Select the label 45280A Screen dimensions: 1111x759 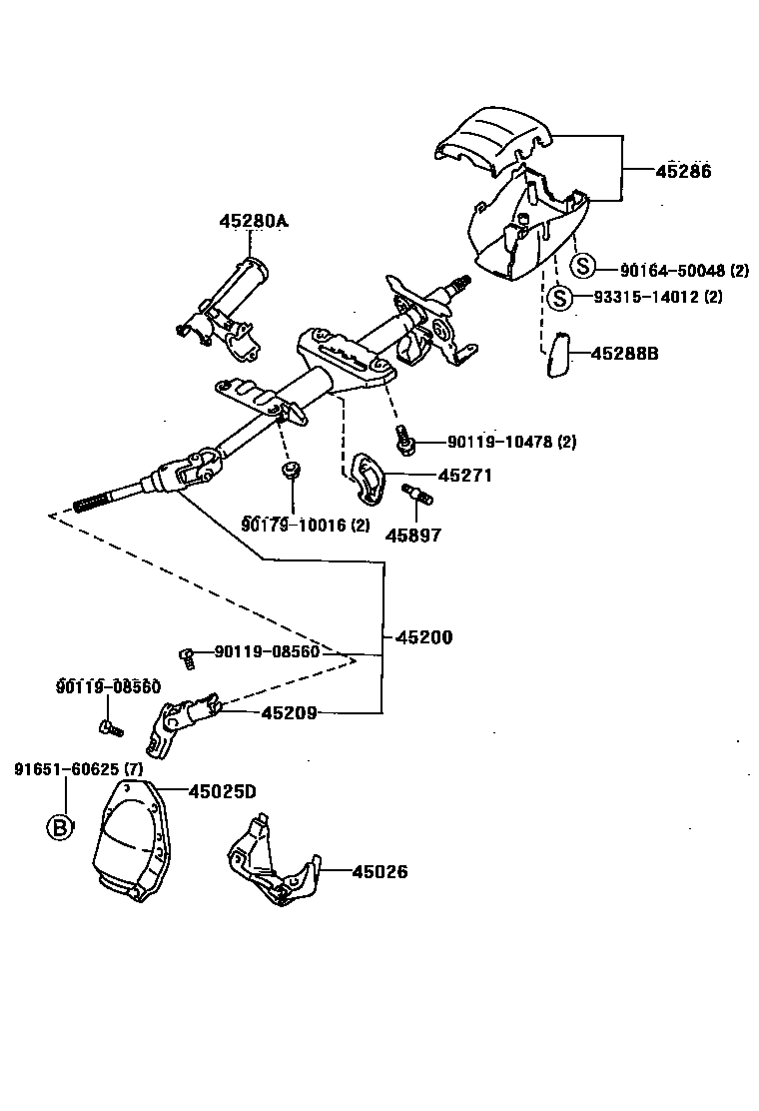point(254,221)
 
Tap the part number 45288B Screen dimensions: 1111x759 point(625,353)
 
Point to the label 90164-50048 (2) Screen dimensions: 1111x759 point(684,271)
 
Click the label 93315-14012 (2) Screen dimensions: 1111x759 point(658,297)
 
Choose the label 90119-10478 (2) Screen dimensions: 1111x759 point(511,442)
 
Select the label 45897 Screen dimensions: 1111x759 point(412,536)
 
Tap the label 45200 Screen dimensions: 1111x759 point(423,636)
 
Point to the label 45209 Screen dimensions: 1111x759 point(290,712)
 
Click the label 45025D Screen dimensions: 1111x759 point(223,791)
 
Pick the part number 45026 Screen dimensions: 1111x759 point(379,871)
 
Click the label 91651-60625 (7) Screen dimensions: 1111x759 point(79,768)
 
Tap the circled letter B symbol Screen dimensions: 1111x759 point(62,827)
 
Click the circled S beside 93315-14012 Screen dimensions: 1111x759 point(561,297)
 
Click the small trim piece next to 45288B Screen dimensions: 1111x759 point(557,356)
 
